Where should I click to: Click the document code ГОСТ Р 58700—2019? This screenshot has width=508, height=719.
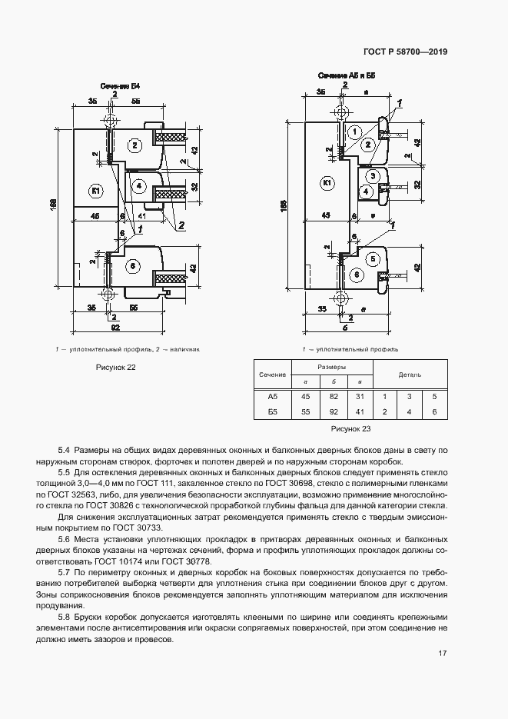(x=404, y=52)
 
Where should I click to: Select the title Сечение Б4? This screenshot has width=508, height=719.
(x=115, y=86)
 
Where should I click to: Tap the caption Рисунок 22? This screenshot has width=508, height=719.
(x=115, y=368)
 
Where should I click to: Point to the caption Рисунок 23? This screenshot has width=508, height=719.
(x=350, y=427)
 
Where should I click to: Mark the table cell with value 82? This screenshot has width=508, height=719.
(x=333, y=397)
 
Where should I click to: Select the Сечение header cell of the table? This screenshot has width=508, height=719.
(x=272, y=374)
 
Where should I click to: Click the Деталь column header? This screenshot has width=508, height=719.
(x=409, y=374)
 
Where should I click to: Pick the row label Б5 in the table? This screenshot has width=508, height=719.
(x=272, y=412)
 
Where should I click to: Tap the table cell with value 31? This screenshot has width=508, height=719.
(x=359, y=397)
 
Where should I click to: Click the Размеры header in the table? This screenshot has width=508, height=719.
(x=333, y=367)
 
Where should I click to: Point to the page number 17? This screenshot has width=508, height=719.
(x=442, y=654)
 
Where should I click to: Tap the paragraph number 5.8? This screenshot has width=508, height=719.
(x=64, y=617)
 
